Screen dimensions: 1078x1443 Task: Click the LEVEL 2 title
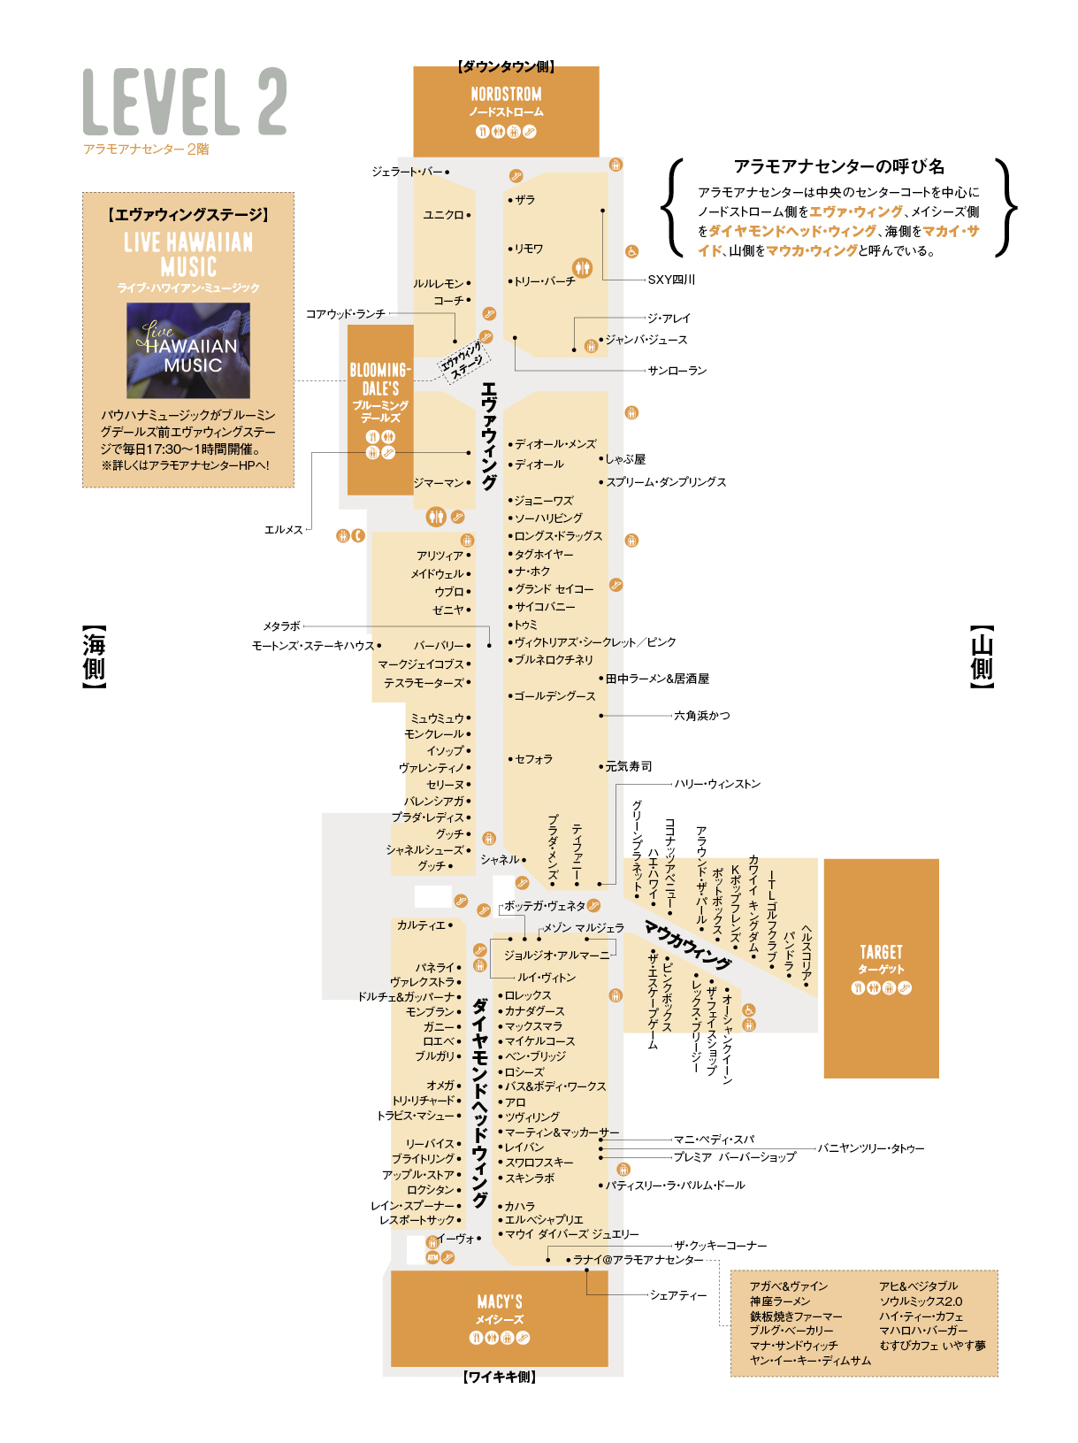pyautogui.click(x=184, y=101)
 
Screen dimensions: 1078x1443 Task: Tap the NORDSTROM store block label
pyautogui.click(x=505, y=94)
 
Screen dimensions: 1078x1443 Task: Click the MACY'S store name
pyautogui.click(x=500, y=1301)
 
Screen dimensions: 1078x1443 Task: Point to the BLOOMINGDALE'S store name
pyautogui.click(x=379, y=379)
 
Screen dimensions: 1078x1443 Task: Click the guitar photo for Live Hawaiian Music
pyautogui.click(x=187, y=349)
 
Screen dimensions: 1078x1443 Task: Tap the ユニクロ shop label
pyautogui.click(x=443, y=214)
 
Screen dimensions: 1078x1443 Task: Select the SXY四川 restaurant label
pyautogui.click(x=670, y=280)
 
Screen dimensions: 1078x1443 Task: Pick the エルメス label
pyautogui.click(x=283, y=529)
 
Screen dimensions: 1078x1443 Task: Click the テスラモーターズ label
pyautogui.click(x=423, y=682)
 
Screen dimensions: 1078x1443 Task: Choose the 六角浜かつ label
pyautogui.click(x=701, y=715)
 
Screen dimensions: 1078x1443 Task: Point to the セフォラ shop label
pyautogui.click(x=533, y=758)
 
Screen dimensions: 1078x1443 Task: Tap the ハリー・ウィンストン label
pyautogui.click(x=716, y=784)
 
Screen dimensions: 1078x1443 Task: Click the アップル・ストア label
pyautogui.click(x=418, y=1174)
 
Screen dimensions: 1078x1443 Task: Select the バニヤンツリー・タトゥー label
pyautogui.click(x=870, y=1147)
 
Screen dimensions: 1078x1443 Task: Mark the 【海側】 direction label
pyautogui.click(x=93, y=656)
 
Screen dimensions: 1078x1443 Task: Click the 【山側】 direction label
pyautogui.click(x=982, y=656)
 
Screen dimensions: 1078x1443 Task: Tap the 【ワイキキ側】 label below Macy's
pyautogui.click(x=500, y=1377)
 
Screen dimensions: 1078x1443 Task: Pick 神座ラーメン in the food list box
pyautogui.click(x=780, y=1301)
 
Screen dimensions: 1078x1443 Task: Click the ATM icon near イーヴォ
pyautogui.click(x=432, y=1257)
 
